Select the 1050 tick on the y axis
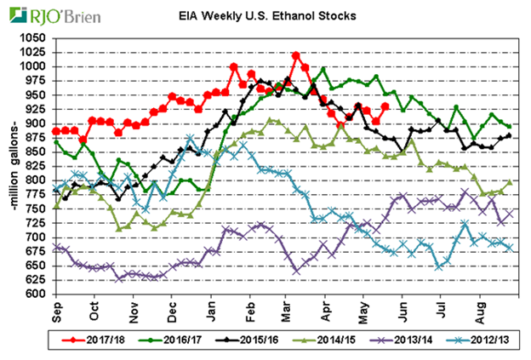coord(35,38)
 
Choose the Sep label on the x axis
coord(57,313)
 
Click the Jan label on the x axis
coord(212,313)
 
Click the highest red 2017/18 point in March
coord(295,55)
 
